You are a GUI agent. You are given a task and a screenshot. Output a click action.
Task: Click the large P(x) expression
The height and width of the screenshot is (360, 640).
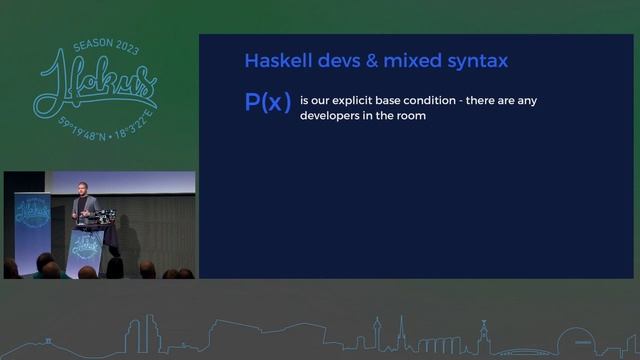[x=268, y=104]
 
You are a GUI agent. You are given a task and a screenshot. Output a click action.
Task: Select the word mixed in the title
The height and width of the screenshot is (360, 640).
[x=395, y=61]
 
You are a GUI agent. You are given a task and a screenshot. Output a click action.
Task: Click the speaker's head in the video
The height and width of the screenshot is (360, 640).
[x=82, y=187]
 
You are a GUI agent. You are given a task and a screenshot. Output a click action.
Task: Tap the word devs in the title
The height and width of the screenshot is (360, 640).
[x=327, y=61]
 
